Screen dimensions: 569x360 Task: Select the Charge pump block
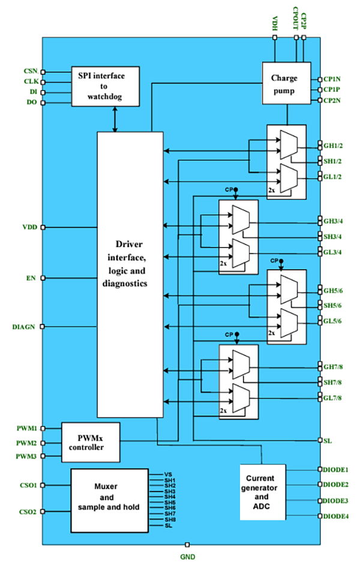coord(286,83)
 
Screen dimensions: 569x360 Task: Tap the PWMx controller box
coord(91,442)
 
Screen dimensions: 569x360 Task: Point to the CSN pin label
coord(30,71)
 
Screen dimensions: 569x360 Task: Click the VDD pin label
coord(29,227)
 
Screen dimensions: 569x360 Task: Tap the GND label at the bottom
coord(188,556)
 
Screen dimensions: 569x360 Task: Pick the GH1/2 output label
coord(333,146)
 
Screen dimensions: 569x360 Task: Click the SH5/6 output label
coord(333,305)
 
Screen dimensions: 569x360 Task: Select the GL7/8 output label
coord(333,398)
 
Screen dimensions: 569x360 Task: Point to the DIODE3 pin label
coord(336,501)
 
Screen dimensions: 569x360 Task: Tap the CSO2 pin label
coord(28,512)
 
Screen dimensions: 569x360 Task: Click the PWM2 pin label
coord(27,443)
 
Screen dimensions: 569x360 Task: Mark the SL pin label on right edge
coord(328,441)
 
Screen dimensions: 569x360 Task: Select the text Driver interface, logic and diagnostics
coord(130,264)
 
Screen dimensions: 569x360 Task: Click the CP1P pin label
coord(332,89)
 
